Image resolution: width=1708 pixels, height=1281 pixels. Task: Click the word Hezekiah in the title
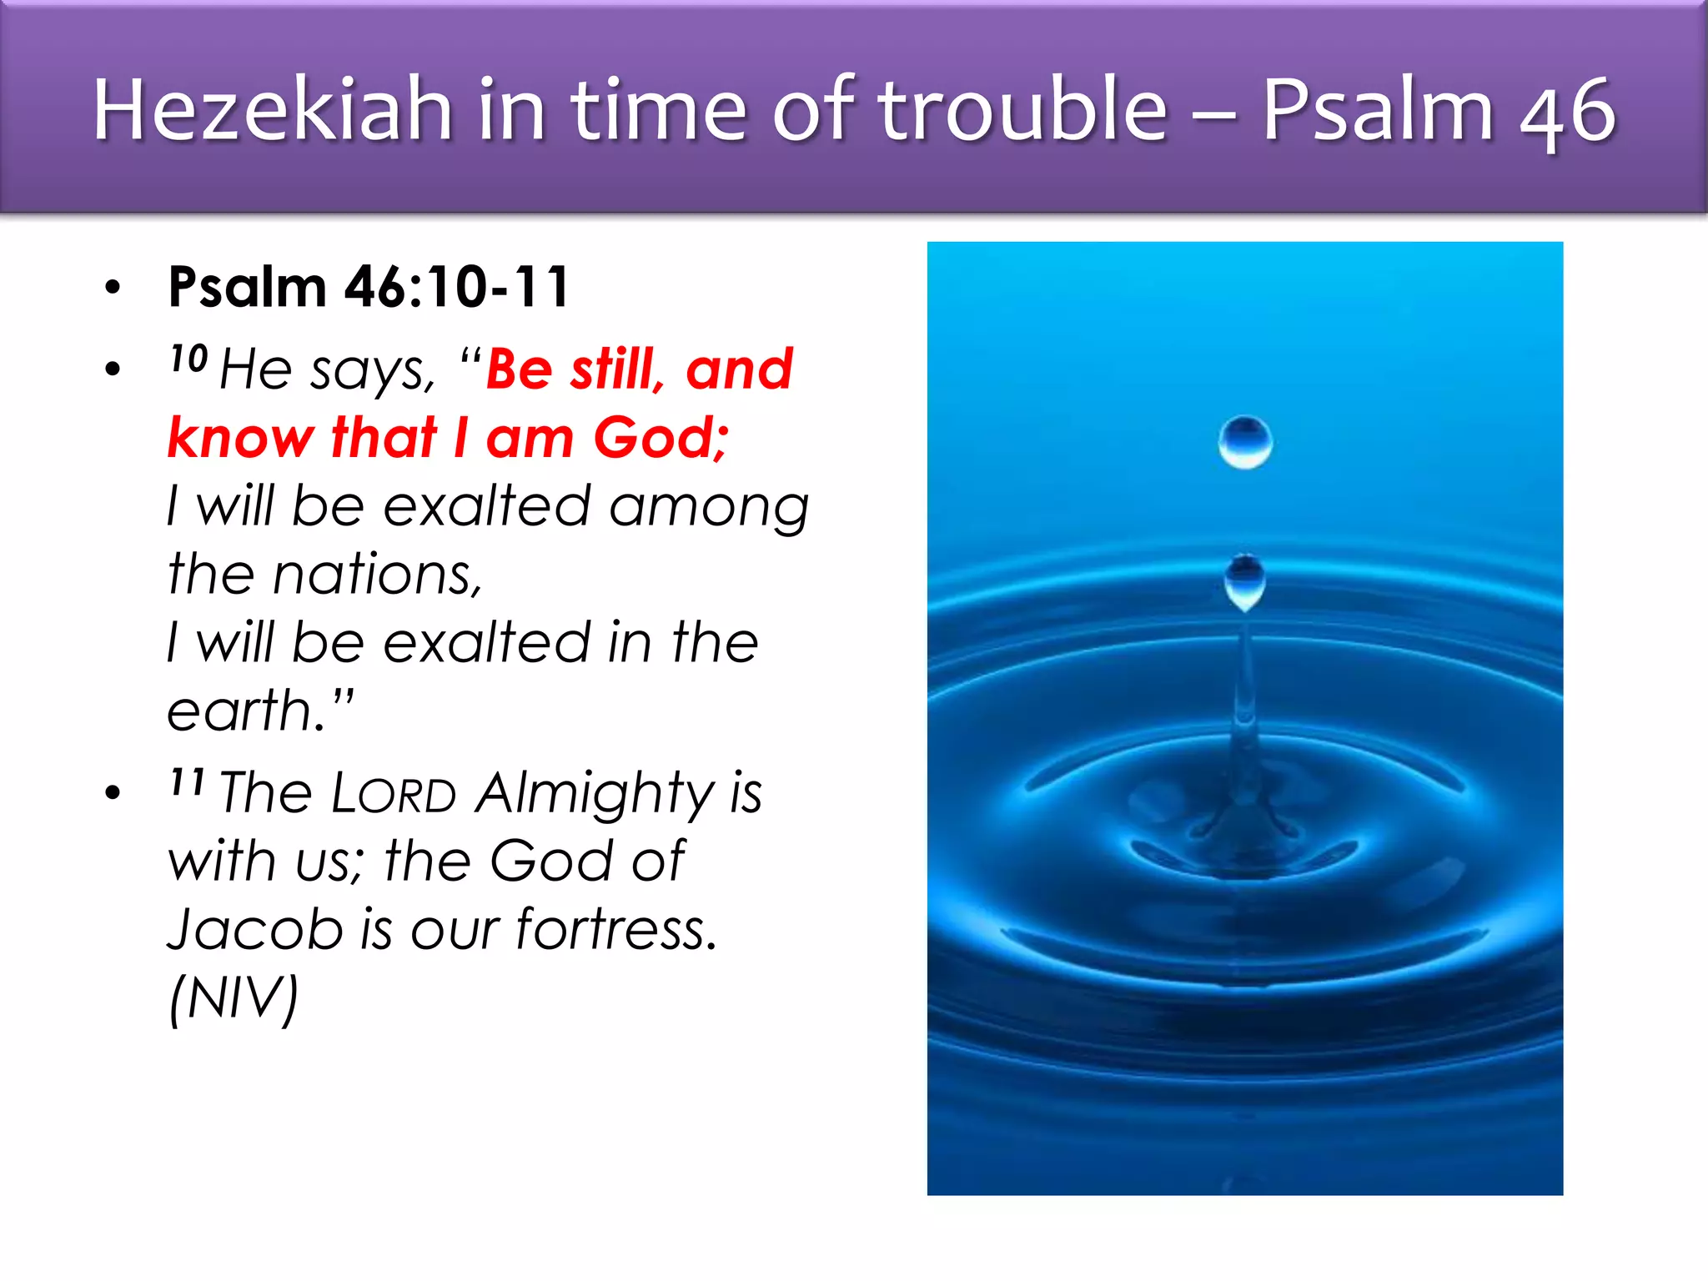point(272,110)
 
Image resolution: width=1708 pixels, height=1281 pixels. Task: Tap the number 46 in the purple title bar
point(1567,112)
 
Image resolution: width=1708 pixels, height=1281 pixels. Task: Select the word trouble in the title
point(1023,110)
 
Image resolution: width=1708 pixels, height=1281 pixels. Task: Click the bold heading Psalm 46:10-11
point(369,287)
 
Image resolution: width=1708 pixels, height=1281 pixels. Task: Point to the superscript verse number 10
point(188,359)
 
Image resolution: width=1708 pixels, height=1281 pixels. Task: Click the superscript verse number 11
point(187,782)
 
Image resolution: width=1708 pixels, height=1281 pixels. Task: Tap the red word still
point(616,369)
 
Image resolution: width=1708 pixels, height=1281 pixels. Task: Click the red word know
point(241,438)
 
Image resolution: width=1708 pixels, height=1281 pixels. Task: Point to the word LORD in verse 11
point(394,793)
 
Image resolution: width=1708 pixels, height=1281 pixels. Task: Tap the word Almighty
point(595,793)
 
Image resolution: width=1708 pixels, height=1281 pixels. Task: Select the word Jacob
point(255,929)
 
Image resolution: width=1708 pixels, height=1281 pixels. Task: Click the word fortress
point(616,929)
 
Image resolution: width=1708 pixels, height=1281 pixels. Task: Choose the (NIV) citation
point(233,997)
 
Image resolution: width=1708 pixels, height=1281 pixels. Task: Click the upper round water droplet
point(1244,442)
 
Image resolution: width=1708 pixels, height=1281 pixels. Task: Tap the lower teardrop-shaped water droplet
point(1244,581)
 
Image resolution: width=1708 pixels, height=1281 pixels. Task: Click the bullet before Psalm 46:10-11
point(113,288)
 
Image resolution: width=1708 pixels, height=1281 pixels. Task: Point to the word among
point(709,507)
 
